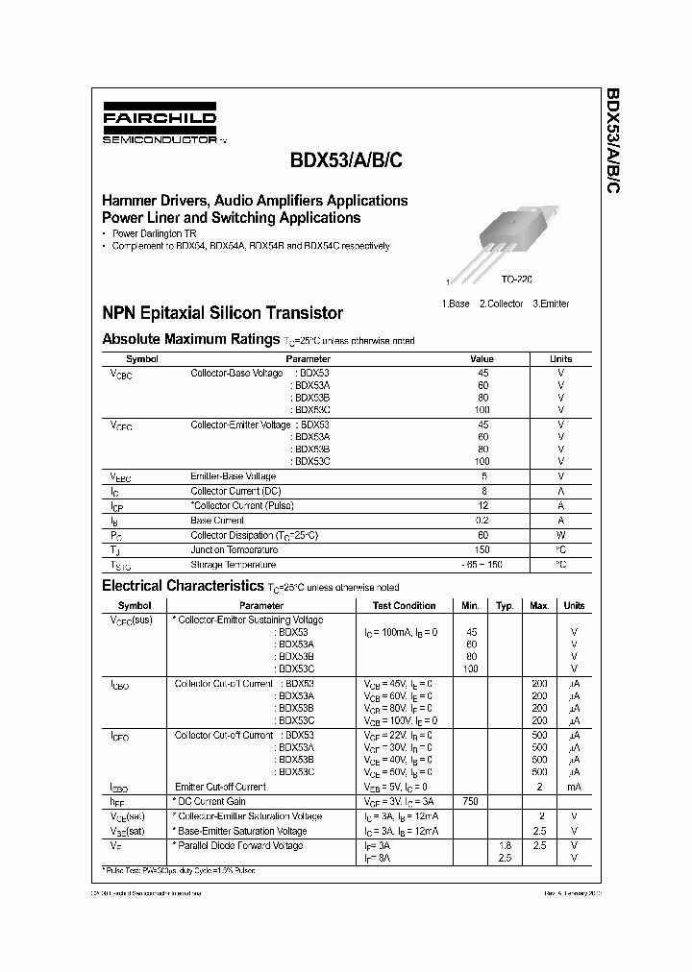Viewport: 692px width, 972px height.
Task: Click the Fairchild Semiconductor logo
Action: pos(161,126)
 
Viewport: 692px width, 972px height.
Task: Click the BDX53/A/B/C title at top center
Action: pos(334,162)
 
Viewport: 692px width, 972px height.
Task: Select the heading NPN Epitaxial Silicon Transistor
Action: pos(222,313)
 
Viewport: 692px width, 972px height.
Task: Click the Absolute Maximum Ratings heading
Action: pos(191,339)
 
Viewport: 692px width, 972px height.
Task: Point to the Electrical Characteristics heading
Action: pos(182,585)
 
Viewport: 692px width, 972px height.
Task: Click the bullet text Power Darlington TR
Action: pos(155,234)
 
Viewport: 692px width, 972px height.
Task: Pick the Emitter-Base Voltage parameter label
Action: pos(234,476)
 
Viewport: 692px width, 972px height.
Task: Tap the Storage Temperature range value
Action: pos(482,565)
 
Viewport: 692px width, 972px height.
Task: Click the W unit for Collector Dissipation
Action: pos(560,535)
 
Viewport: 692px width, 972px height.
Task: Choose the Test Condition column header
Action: pos(405,606)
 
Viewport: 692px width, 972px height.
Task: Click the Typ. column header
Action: pos(505,606)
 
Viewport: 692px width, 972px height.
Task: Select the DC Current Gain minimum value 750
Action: pos(471,801)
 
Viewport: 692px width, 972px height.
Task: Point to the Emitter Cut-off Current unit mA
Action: pos(574,786)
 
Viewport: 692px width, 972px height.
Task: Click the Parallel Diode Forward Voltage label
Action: pos(240,845)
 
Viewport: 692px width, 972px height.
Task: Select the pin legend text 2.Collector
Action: pos(501,304)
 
